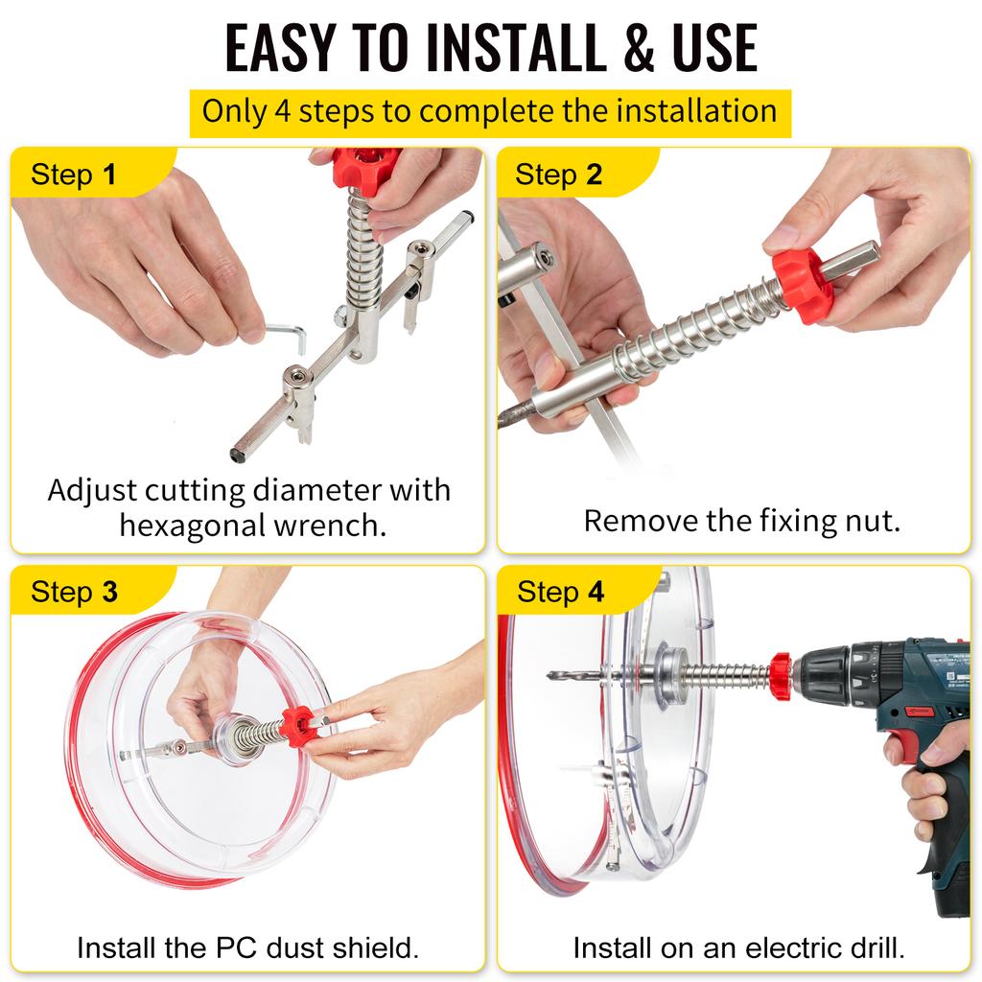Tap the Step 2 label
[x=558, y=175]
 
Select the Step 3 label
[x=74, y=592]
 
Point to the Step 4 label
[x=560, y=592]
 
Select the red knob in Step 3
[x=298, y=726]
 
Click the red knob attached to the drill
[x=781, y=676]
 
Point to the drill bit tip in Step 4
[x=553, y=676]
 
